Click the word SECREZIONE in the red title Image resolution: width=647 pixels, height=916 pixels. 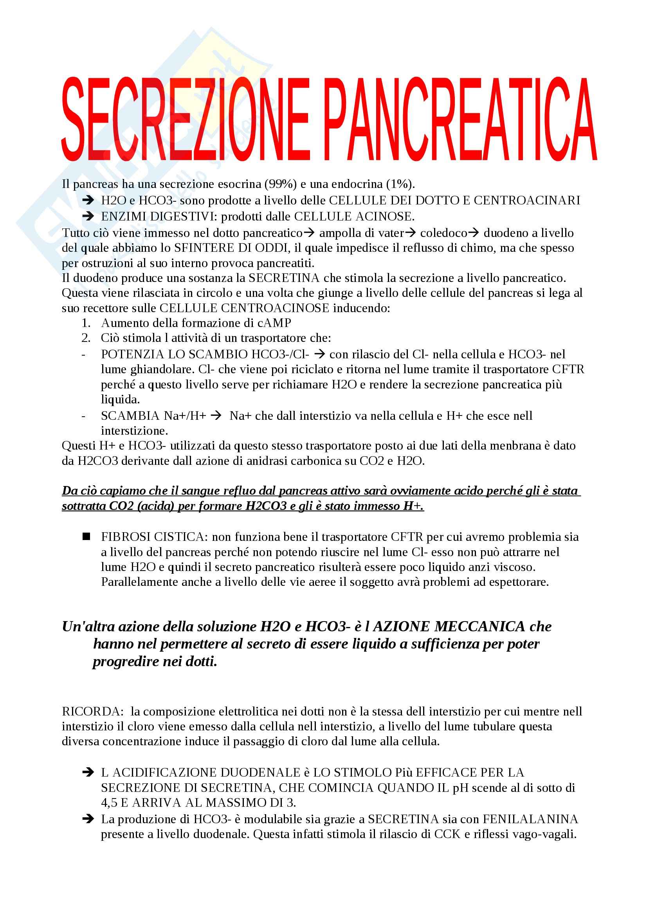[x=186, y=120]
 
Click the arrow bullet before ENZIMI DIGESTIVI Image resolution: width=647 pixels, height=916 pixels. [x=88, y=216]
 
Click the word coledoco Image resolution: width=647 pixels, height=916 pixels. [x=443, y=233]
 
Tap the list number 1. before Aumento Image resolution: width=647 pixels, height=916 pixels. [x=86, y=323]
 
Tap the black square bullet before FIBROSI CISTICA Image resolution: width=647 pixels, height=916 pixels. [x=86, y=537]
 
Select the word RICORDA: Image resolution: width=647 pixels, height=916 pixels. [x=93, y=711]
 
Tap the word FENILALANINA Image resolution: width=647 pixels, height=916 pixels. [x=530, y=819]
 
